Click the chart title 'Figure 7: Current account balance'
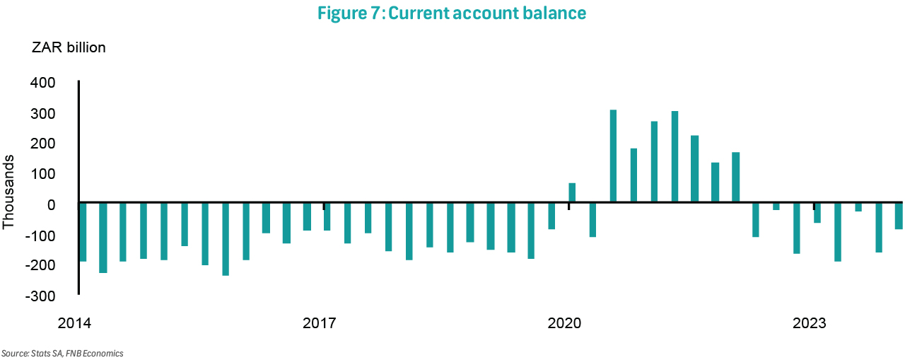452,13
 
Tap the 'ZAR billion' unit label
69,48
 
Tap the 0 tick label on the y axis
50,204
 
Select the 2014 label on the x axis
74,324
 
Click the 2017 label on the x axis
319,324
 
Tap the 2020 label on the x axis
564,324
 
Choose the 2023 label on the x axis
810,324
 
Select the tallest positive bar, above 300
613,156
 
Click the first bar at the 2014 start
82,231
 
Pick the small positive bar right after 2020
572,193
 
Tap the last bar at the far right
899,216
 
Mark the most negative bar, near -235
226,238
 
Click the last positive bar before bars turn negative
735,177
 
